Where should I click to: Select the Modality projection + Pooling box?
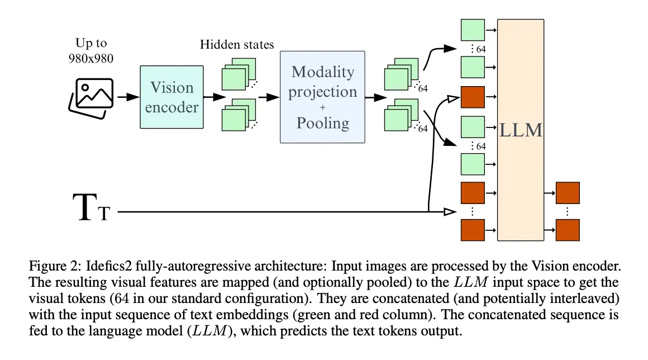pyautogui.click(x=322, y=97)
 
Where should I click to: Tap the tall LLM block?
pyautogui.click(x=520, y=130)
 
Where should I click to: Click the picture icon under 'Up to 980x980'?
pyautogui.click(x=91, y=97)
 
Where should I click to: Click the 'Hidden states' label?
pyautogui.click(x=237, y=44)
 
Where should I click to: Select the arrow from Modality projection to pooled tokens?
pyautogui.click(x=374, y=97)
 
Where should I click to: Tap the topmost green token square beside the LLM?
pyautogui.click(x=473, y=29)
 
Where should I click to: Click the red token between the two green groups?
pyautogui.click(x=473, y=97)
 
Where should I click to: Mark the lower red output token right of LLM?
pyautogui.click(x=568, y=230)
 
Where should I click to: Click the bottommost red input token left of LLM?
pyautogui.click(x=473, y=230)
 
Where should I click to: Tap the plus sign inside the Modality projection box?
pyautogui.click(x=322, y=108)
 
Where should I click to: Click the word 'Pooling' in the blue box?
pyautogui.click(x=322, y=122)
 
